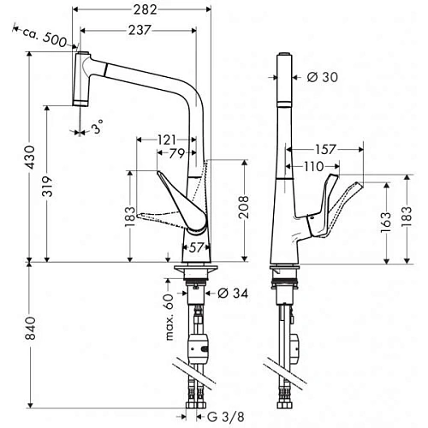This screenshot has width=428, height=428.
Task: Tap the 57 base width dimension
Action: [196, 248]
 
